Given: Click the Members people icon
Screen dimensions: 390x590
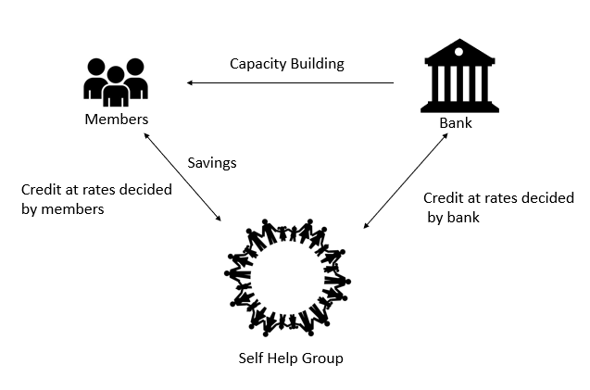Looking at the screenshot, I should point(116,82).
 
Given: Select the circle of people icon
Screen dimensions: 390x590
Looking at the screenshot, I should point(287,276).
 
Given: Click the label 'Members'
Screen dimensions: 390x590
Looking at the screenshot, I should point(116,120).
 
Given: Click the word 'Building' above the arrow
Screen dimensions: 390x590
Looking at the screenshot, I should point(316,64).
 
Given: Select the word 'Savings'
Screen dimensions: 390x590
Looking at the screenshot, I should point(212,162).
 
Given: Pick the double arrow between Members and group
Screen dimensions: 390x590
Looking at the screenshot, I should point(182,176).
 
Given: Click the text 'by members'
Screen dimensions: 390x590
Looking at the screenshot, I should point(62,209).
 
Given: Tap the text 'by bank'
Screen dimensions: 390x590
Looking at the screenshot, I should point(453,218).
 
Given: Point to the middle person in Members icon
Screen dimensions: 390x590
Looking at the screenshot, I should point(116,86).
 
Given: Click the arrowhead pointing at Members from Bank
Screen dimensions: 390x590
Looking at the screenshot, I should point(191,83).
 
